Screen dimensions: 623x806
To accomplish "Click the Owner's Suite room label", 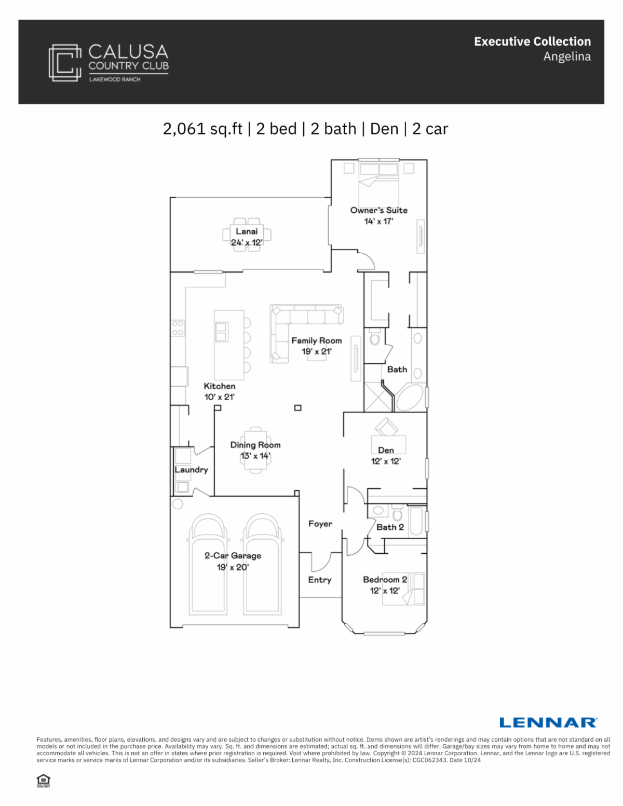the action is pyautogui.click(x=378, y=210).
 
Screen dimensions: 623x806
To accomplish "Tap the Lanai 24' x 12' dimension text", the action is pyautogui.click(x=247, y=242).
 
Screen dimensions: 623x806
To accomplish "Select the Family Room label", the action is pyautogui.click(x=317, y=340).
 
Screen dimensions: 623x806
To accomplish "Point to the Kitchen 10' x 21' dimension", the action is pyautogui.click(x=219, y=397).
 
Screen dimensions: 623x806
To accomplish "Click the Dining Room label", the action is pyautogui.click(x=255, y=445).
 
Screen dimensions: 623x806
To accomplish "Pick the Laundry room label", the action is pyautogui.click(x=191, y=470).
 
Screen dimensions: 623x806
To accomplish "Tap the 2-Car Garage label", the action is pyautogui.click(x=233, y=556).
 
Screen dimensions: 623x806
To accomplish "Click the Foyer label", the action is pyautogui.click(x=320, y=524).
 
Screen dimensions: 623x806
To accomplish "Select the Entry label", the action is pyautogui.click(x=319, y=580).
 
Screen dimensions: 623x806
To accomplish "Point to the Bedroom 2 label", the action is pyautogui.click(x=385, y=579).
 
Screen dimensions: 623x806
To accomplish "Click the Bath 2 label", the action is pyautogui.click(x=390, y=527).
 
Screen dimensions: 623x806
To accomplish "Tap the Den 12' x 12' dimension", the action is pyautogui.click(x=386, y=461).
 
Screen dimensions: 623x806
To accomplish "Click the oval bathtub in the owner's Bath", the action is pyautogui.click(x=410, y=397).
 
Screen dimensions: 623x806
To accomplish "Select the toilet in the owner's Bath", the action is pyautogui.click(x=375, y=336).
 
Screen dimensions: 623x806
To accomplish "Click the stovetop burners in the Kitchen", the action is pyautogui.click(x=178, y=328).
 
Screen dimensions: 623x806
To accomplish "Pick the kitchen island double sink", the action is pyautogui.click(x=222, y=332).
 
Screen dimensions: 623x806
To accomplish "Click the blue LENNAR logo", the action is pyautogui.click(x=548, y=722).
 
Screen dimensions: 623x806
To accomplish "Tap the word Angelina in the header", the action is pyautogui.click(x=567, y=57).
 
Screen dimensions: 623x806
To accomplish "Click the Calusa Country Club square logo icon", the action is pyautogui.click(x=65, y=63).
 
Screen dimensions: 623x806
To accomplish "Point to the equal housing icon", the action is pyautogui.click(x=44, y=781).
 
